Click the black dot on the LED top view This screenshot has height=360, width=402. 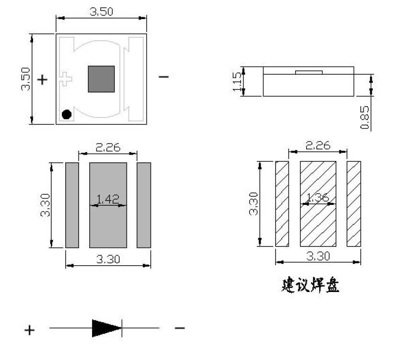point(67,114)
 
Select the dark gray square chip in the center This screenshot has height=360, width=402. point(101,79)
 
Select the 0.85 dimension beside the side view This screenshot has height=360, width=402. point(365,117)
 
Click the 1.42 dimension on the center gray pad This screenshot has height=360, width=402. point(108,199)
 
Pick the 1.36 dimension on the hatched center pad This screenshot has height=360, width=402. point(317,197)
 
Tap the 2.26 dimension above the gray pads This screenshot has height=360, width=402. point(108,147)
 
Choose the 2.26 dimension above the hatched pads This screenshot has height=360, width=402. point(318,145)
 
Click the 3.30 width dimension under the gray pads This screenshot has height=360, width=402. point(108,259)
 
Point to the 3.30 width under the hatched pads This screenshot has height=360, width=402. point(318,256)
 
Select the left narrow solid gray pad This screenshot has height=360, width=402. point(72,205)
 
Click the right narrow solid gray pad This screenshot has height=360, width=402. point(144,205)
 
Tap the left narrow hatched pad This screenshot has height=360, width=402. point(282,204)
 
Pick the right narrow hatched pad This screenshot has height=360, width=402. point(354,204)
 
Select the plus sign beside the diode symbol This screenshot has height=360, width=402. point(30,329)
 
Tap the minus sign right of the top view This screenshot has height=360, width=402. point(163,77)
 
